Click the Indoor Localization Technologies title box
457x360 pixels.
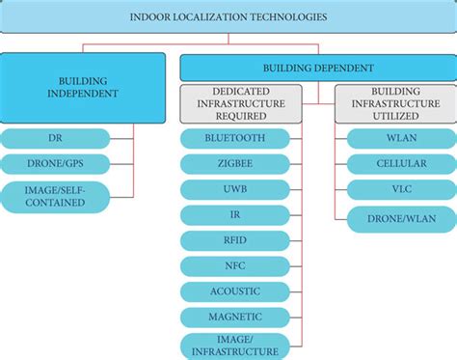coord(228,17)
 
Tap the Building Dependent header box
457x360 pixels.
coord(319,69)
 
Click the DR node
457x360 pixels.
coord(56,139)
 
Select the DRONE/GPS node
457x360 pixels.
coord(56,164)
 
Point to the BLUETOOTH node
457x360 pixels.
coord(234,139)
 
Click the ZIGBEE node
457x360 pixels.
coord(234,164)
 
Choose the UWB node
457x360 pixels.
coord(234,190)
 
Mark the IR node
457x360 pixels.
coord(234,215)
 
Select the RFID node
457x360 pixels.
coord(234,240)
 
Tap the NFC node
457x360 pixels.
coord(234,265)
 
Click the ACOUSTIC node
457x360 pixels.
coord(234,291)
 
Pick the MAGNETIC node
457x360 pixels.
coord(234,316)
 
